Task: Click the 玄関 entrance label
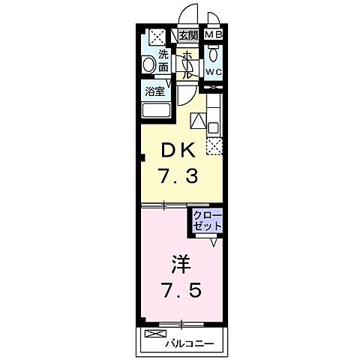click(x=187, y=36)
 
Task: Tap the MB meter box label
click(x=214, y=34)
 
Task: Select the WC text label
click(x=213, y=72)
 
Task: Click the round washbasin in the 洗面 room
click(x=148, y=64)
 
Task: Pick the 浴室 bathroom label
click(x=155, y=91)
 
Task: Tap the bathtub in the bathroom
click(x=157, y=109)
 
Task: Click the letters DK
click(x=178, y=150)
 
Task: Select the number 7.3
click(x=178, y=175)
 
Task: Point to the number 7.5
click(x=181, y=290)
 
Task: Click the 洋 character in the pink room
click(x=181, y=264)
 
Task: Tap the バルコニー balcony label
click(x=190, y=343)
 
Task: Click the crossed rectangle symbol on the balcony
click(x=156, y=334)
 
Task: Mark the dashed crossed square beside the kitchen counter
click(x=214, y=147)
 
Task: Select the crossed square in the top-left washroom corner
click(x=157, y=37)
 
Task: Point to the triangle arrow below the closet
click(x=214, y=242)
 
